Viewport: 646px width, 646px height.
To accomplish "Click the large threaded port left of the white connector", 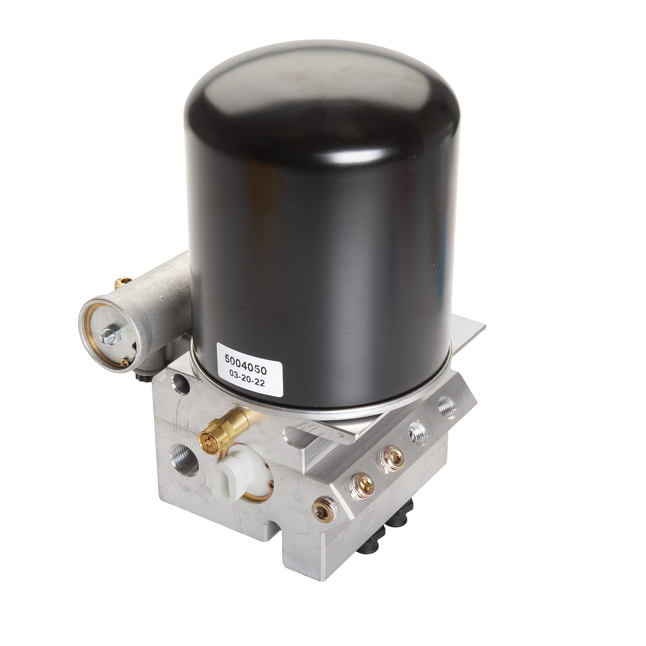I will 184,460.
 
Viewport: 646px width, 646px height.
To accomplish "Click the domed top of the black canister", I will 321,82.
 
